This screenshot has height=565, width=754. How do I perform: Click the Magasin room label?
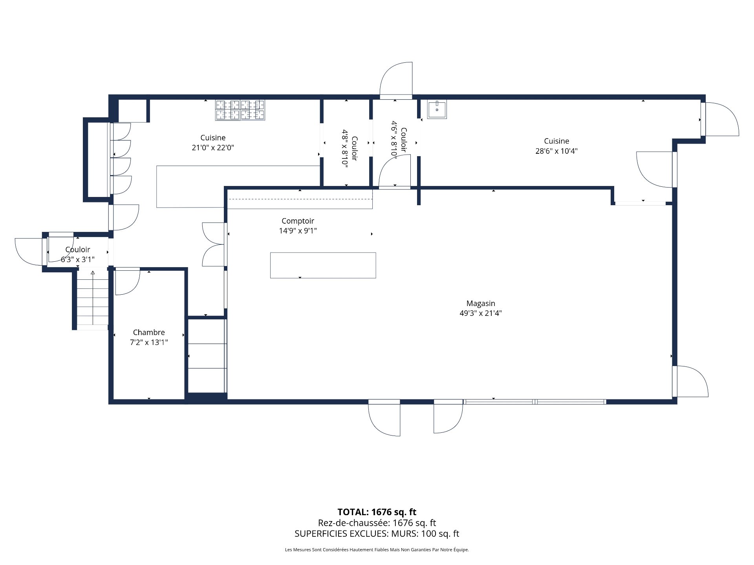click(x=480, y=303)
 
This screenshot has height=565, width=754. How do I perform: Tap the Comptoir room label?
click(x=298, y=221)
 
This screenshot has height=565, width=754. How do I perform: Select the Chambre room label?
click(x=149, y=332)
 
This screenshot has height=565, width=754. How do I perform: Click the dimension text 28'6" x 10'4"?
click(x=556, y=151)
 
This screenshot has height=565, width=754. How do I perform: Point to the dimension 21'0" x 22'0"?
click(x=213, y=148)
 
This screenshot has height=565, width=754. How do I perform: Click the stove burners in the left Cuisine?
click(x=240, y=110)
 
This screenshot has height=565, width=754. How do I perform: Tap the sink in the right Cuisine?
click(x=437, y=109)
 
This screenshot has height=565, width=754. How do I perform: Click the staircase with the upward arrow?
click(x=93, y=298)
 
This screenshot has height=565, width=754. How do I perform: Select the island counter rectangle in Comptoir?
click(x=323, y=266)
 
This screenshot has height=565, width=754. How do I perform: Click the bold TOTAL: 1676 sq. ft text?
click(x=377, y=512)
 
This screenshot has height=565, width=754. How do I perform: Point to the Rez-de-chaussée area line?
click(x=377, y=523)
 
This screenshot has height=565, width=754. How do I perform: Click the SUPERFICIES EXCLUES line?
click(x=377, y=534)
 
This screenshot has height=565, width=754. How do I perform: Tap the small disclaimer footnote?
click(x=377, y=550)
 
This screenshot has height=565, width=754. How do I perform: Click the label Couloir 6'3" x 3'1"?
click(x=78, y=254)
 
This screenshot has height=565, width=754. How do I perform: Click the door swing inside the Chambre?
click(x=127, y=281)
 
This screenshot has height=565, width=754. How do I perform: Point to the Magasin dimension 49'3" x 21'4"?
click(x=480, y=313)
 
